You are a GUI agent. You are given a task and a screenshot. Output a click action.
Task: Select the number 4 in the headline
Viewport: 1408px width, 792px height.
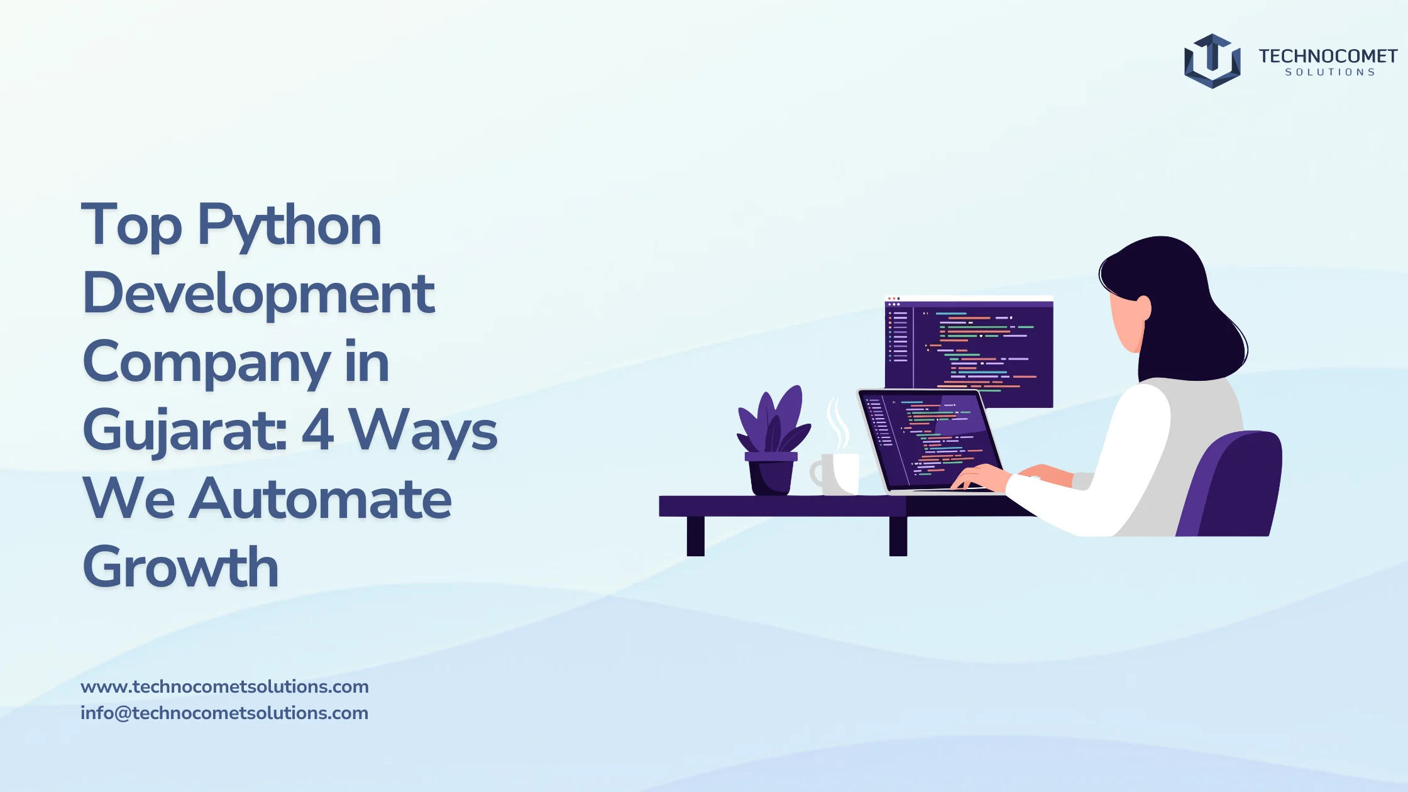click(317, 430)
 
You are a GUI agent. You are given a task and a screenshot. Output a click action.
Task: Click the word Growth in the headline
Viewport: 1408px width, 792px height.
click(180, 568)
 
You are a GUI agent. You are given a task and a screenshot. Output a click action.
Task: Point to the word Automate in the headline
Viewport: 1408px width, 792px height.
click(320, 500)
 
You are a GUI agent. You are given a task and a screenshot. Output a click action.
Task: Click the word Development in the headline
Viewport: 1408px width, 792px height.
click(258, 294)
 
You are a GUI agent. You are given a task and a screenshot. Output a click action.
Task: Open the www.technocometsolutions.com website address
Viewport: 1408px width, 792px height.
click(224, 686)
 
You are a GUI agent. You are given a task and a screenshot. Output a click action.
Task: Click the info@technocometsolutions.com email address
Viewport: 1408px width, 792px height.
click(224, 713)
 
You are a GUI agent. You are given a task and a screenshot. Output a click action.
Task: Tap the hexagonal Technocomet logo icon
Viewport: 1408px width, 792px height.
click(1212, 61)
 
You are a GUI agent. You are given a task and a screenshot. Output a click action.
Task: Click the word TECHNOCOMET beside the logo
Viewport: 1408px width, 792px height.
click(1328, 57)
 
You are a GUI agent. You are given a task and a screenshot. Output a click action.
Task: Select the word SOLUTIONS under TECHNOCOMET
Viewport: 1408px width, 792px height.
click(1329, 72)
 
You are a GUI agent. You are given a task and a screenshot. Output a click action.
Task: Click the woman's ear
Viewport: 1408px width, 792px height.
click(1144, 308)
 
